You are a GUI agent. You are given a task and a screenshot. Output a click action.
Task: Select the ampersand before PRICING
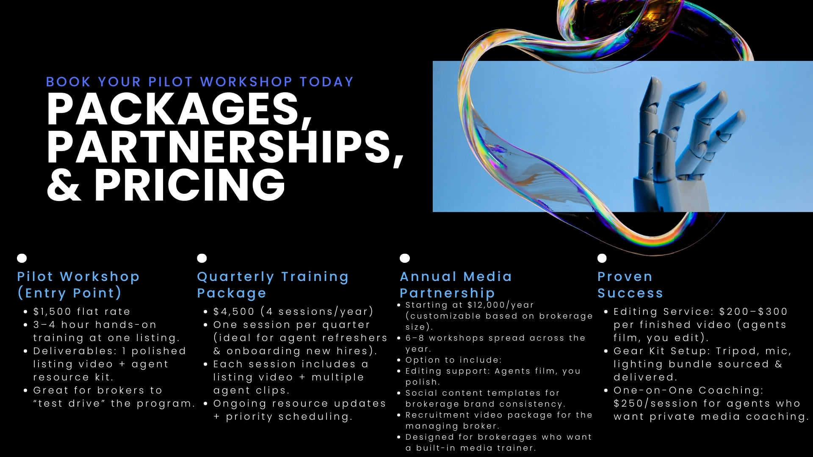64,184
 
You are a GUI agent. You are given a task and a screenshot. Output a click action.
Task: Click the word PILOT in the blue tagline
170,82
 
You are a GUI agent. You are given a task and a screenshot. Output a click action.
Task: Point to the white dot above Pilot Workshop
22,258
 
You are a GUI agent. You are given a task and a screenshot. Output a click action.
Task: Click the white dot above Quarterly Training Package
202,258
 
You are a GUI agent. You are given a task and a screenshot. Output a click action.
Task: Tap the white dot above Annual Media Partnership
405,258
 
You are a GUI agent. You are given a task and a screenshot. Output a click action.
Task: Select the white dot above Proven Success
602,258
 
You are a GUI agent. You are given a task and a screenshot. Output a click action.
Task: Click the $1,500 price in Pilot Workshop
52,312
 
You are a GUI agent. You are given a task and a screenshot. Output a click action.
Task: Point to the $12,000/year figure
501,305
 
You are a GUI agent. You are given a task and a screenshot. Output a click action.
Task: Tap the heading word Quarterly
235,277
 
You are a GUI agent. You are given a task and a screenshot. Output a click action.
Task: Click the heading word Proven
625,277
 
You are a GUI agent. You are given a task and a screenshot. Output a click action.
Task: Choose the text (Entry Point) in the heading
69,293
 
